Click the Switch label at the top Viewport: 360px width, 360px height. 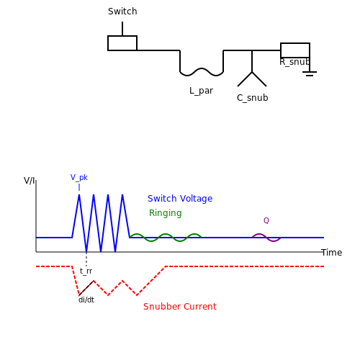coord(122,12)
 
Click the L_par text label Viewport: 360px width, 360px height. coord(201,91)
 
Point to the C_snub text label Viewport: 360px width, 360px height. coord(252,98)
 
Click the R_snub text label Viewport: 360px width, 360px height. coord(294,62)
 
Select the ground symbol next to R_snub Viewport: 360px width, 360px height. coord(310,73)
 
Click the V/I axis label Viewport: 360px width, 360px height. coord(29,181)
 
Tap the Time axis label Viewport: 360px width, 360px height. coord(332,253)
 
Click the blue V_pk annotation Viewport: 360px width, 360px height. coord(79,178)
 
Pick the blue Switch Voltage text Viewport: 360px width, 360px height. coord(180,199)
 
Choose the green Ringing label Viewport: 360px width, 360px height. coord(166,213)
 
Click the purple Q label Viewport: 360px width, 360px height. coord(266,220)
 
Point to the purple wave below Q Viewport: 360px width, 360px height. coord(266,238)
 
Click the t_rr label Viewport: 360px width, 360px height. coord(86,271)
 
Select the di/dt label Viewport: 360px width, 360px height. coord(86,300)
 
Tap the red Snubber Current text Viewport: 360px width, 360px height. coord(180,307)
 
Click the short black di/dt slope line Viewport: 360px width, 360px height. coord(86,288)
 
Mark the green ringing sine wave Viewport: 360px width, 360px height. coord(166,238)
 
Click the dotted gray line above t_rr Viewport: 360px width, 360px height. coord(86,259)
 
